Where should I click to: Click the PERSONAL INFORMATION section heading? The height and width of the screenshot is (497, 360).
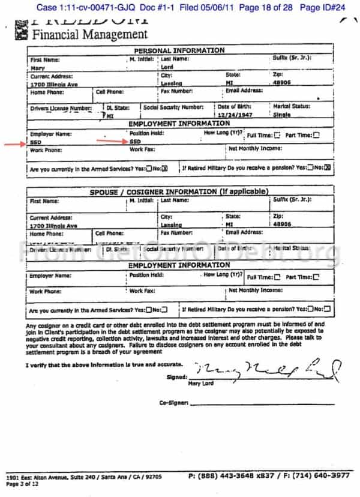[179, 50]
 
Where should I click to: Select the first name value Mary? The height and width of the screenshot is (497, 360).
[37, 68]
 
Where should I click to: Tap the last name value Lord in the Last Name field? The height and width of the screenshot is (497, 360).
[169, 68]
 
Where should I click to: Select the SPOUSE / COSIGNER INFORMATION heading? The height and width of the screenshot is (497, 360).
[179, 191]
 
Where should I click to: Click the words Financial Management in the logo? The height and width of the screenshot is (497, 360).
[89, 34]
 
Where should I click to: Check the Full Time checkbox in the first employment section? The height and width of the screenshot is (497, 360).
[277, 135]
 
